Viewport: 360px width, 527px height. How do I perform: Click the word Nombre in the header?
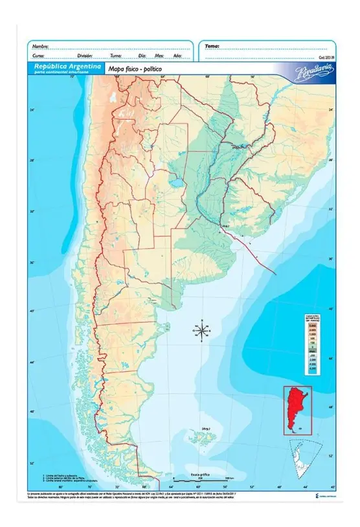point(40,47)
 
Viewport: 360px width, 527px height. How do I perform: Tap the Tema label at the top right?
point(212,47)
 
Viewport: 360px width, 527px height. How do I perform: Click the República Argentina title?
point(58,67)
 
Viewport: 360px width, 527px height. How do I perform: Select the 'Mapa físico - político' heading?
point(134,68)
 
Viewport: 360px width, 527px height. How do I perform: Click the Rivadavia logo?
point(313,69)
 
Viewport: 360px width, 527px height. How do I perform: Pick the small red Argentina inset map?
point(297,409)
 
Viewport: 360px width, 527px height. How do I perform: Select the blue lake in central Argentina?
point(174,182)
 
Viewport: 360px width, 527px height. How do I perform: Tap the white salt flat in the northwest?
point(113,99)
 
